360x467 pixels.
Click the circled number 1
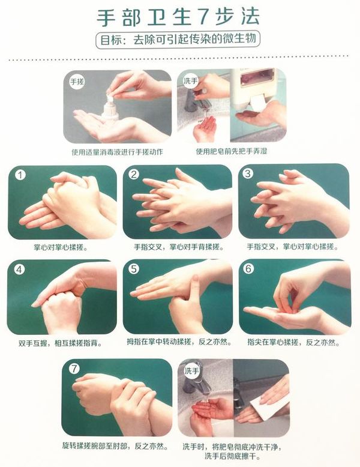tap(20, 175)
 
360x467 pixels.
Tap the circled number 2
tap(134, 174)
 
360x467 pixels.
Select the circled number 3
tap(248, 173)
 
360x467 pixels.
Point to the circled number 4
tap(19, 270)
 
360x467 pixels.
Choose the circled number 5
tap(134, 269)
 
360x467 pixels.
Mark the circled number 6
tap(248, 269)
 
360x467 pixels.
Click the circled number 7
tap(74, 369)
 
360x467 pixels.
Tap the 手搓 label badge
tap(77, 81)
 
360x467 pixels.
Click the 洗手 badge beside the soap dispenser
tap(191, 80)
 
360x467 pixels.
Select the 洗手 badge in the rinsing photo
tap(191, 371)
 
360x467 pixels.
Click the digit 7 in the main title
tap(203, 16)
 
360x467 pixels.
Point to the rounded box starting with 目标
tap(178, 40)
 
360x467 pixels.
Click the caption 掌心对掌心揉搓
tap(61, 247)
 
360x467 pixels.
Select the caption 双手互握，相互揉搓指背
tap(61, 343)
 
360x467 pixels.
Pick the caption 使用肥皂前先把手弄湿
tap(232, 151)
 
